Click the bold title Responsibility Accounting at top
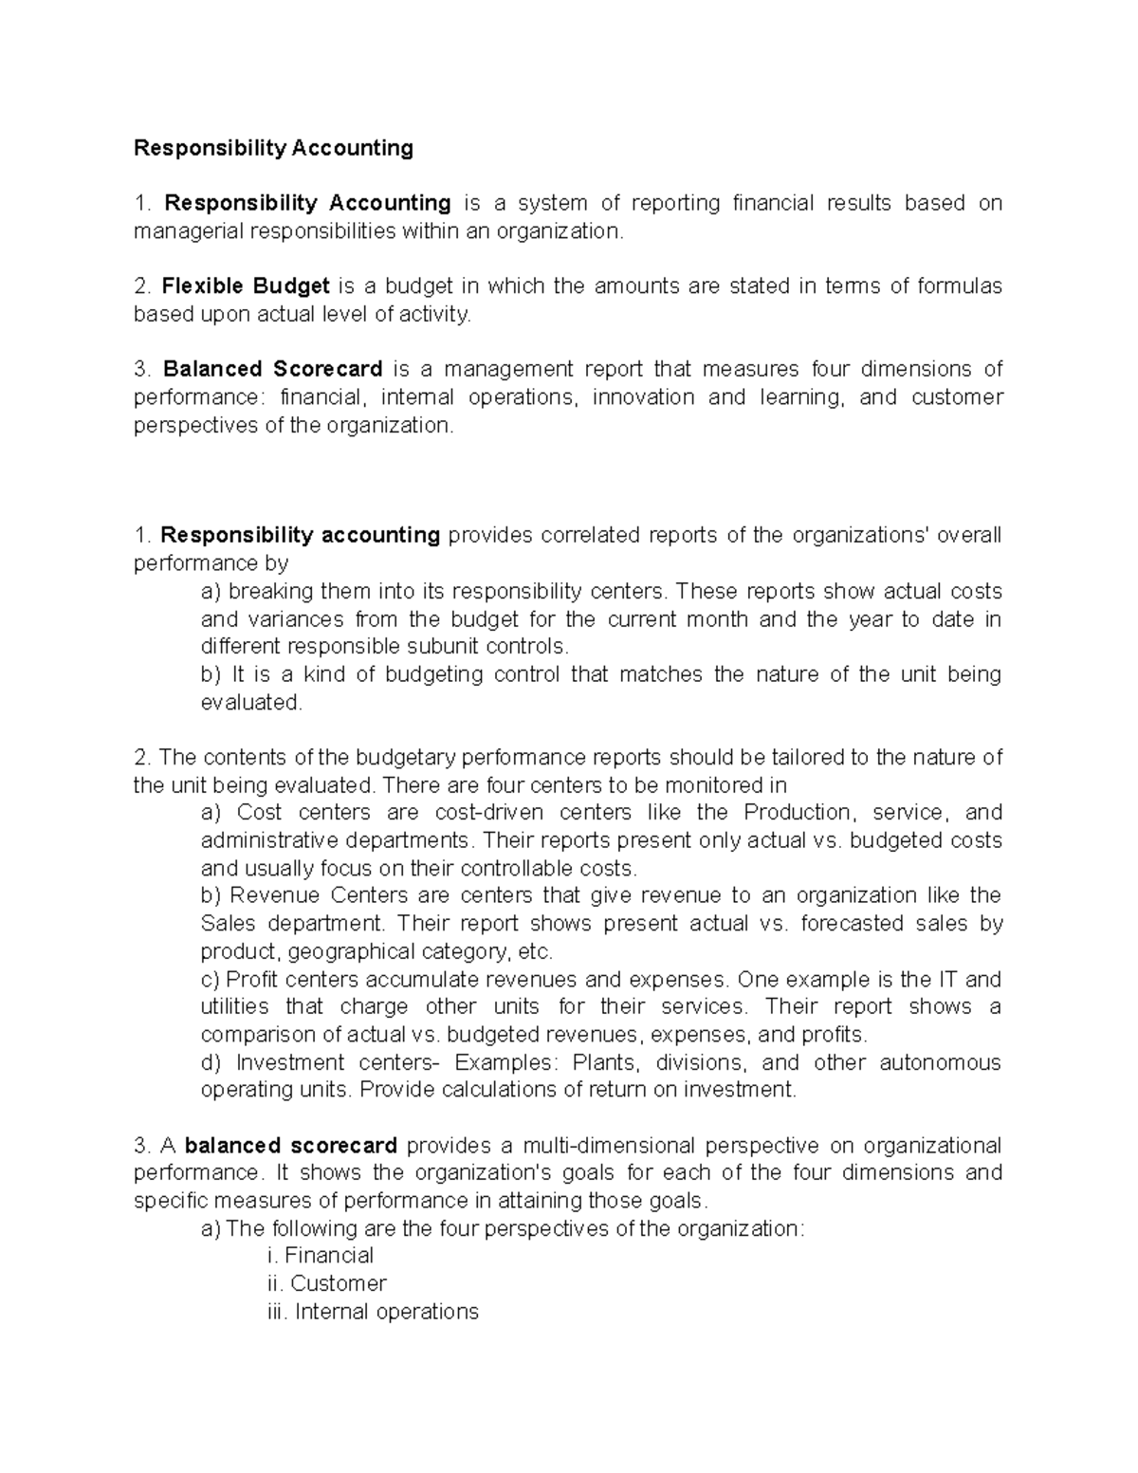[273, 148]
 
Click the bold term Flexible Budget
[246, 286]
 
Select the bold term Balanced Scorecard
[273, 369]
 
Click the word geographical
[356, 951]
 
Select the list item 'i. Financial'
[321, 1256]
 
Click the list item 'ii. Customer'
[327, 1283]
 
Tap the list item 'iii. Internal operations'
[374, 1312]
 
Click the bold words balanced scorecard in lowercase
[290, 1146]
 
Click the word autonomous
[939, 1062]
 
